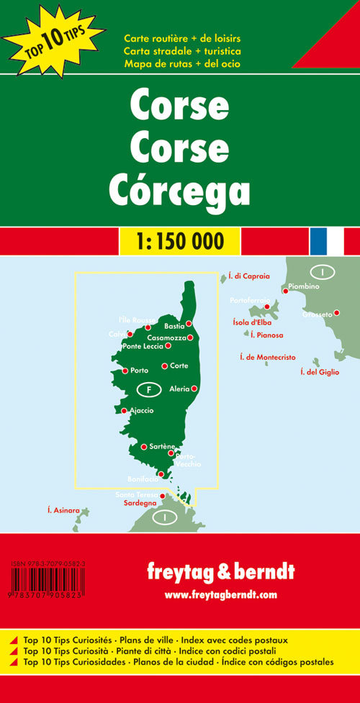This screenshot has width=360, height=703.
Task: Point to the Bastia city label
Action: click(174, 326)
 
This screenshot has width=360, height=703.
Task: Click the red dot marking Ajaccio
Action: click(124, 411)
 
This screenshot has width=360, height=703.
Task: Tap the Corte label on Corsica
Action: click(179, 366)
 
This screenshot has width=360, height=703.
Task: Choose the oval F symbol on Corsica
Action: click(148, 389)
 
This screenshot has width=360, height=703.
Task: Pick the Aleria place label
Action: click(179, 389)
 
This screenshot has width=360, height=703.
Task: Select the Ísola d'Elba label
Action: click(253, 323)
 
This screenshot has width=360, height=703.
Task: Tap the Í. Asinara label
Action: click(63, 511)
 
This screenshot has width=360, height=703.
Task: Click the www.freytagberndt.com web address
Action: click(220, 594)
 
